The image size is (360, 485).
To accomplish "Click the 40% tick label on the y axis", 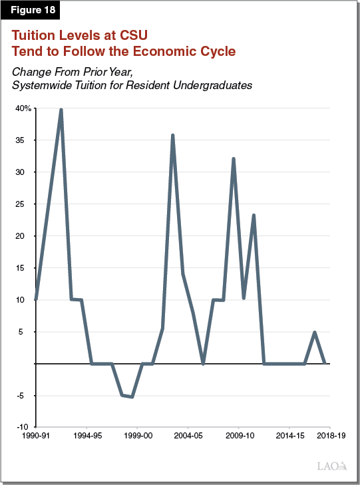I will [x=23, y=108].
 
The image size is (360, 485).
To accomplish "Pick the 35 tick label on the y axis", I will [x=25, y=140].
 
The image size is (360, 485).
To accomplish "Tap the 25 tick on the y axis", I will [x=25, y=204].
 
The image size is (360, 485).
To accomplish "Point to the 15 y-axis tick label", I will [x=25, y=268].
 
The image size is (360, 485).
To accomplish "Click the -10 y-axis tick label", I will [x=23, y=427].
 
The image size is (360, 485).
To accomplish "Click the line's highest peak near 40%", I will [x=61, y=110].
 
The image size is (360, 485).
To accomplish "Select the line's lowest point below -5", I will [x=132, y=397].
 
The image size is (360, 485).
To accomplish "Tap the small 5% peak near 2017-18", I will [x=314, y=332].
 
